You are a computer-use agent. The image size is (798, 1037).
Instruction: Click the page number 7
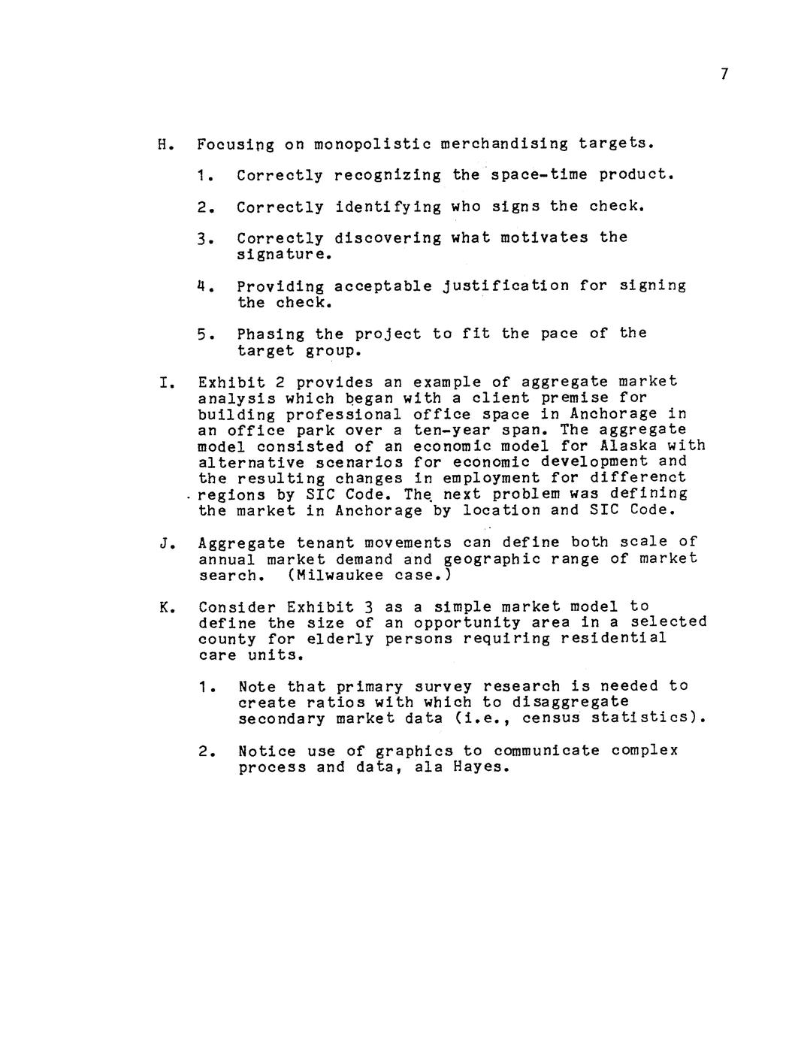(x=724, y=74)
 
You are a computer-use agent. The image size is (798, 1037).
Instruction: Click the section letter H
(x=162, y=144)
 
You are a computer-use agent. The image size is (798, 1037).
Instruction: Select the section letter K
(x=163, y=607)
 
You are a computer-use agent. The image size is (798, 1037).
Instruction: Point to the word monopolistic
(x=371, y=144)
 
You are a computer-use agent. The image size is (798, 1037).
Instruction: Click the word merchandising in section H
(x=504, y=144)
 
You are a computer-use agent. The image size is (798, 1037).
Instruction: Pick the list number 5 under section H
(x=201, y=334)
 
